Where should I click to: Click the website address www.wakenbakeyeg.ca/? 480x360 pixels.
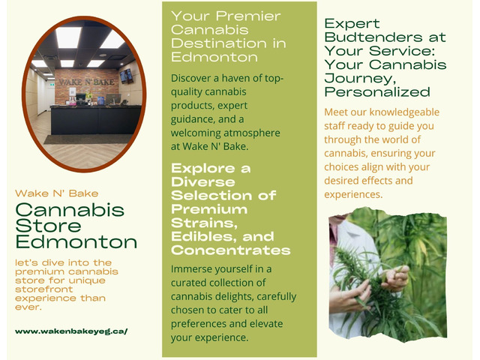(x=71, y=331)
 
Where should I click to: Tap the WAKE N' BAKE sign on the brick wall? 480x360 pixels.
(x=86, y=82)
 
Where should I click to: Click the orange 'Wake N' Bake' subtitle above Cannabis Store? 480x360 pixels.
(x=57, y=193)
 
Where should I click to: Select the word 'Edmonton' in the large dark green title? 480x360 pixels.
(x=76, y=242)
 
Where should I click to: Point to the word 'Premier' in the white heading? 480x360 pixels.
(x=248, y=16)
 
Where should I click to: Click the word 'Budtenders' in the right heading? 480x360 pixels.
(x=373, y=37)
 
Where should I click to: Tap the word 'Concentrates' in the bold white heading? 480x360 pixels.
(x=230, y=250)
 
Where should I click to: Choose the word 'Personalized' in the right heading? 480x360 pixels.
(x=377, y=92)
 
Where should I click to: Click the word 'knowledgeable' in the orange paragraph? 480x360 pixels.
(x=404, y=112)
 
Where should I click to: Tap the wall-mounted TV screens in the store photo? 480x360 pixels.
(x=127, y=76)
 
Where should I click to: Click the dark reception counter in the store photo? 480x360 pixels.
(x=95, y=120)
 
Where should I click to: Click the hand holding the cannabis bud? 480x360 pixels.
(x=396, y=277)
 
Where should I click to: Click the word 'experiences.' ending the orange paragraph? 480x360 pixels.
(x=353, y=195)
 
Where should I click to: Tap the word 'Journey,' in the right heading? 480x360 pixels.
(x=360, y=79)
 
